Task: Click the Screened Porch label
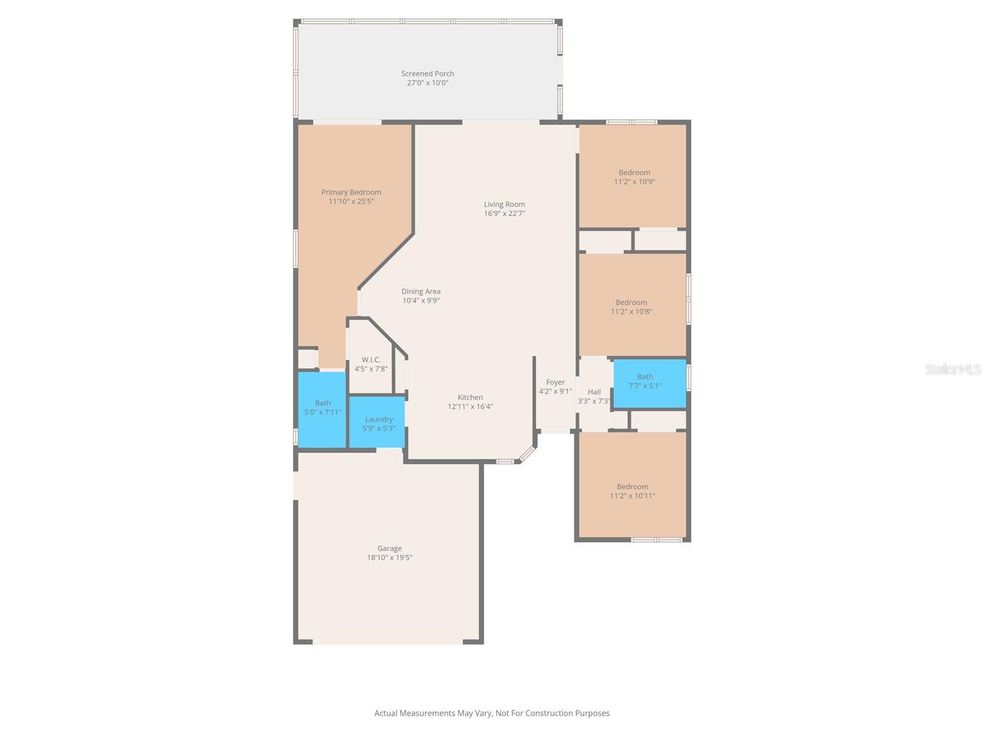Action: [427, 73]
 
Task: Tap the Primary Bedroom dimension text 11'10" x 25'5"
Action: [351, 202]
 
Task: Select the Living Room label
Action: [504, 204]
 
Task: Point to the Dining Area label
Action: [421, 292]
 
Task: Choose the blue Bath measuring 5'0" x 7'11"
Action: [322, 409]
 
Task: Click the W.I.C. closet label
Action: [371, 360]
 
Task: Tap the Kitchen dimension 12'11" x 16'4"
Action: [470, 407]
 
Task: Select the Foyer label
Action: [555, 382]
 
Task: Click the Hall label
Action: [594, 392]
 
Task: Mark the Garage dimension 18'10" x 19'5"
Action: [389, 558]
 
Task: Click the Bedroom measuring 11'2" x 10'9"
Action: [633, 177]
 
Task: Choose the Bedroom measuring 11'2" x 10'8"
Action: [632, 307]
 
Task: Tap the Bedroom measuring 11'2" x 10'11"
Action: [632, 491]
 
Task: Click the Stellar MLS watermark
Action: [953, 369]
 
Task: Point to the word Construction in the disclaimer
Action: [542, 713]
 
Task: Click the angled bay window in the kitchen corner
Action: [527, 454]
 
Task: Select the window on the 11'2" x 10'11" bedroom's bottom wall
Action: [657, 540]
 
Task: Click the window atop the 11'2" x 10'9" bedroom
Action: [632, 122]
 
